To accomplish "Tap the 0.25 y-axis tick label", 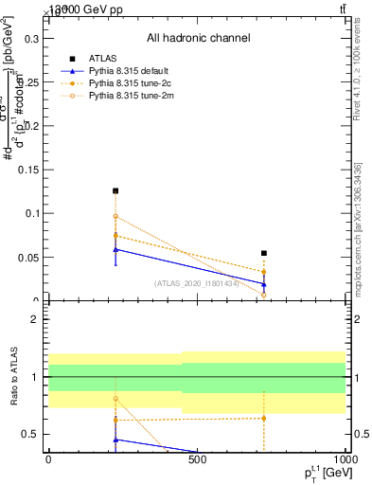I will [x=26, y=82].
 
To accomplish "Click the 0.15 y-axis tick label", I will [x=26, y=170].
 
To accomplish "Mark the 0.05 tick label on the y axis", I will [x=26, y=258].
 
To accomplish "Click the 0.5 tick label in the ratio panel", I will [x=29, y=434].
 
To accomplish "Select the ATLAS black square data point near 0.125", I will [x=115, y=191].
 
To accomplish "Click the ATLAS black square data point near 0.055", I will [x=264, y=253].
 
